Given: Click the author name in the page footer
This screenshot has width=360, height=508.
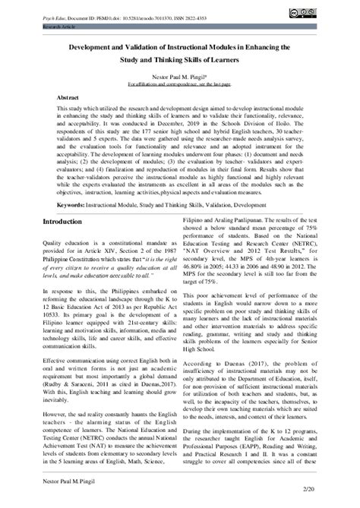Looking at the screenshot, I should (73, 491).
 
